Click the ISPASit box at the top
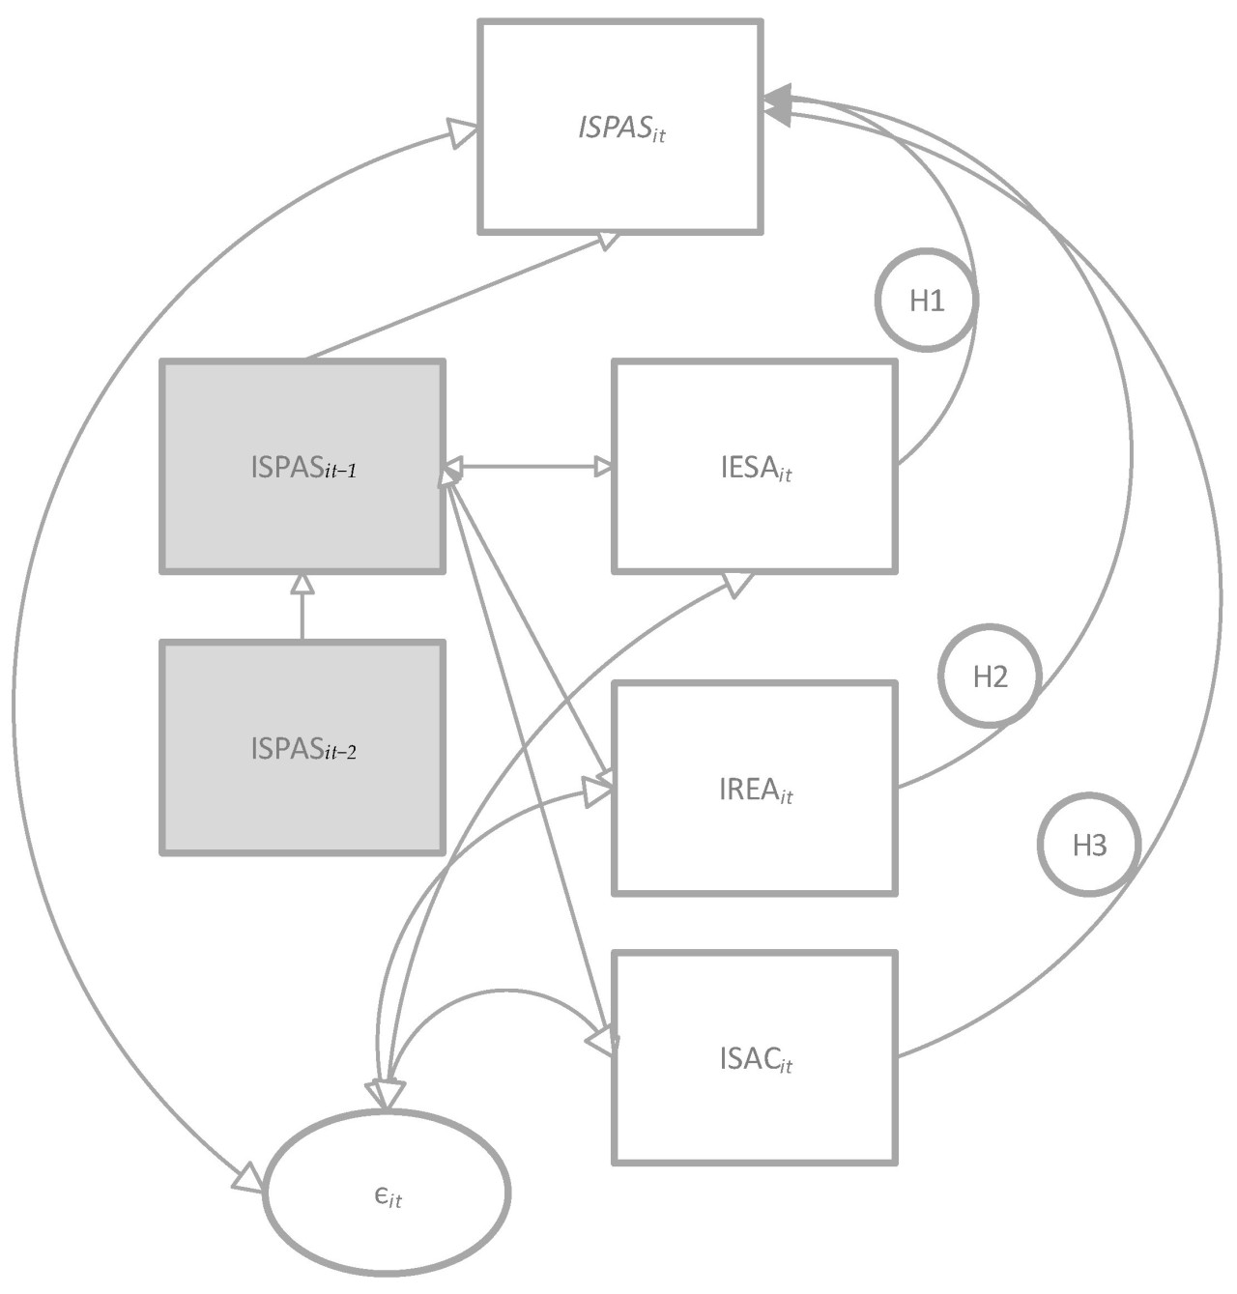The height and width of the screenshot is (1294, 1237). click(620, 128)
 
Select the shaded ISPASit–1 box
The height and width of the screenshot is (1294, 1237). click(302, 467)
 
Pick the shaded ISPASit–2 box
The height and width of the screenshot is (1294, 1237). click(302, 747)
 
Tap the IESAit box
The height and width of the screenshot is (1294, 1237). click(755, 467)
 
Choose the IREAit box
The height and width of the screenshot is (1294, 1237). click(755, 789)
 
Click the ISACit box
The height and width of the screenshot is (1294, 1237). click(755, 1058)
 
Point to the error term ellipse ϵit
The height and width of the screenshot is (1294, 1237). click(387, 1195)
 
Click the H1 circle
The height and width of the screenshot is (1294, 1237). click(926, 301)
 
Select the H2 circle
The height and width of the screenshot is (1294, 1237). click(991, 676)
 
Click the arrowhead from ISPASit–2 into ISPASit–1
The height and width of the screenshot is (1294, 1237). click(302, 583)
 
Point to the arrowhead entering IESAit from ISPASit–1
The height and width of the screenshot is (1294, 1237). click(603, 467)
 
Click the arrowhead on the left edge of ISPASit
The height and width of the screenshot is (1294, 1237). click(464, 131)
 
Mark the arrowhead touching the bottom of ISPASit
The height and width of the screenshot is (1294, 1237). click(608, 240)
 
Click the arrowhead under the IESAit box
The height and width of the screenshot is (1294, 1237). click(738, 583)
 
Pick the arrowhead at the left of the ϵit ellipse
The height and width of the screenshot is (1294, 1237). click(248, 1178)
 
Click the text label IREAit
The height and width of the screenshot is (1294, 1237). click(755, 790)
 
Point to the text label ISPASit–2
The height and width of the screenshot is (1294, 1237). click(302, 748)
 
